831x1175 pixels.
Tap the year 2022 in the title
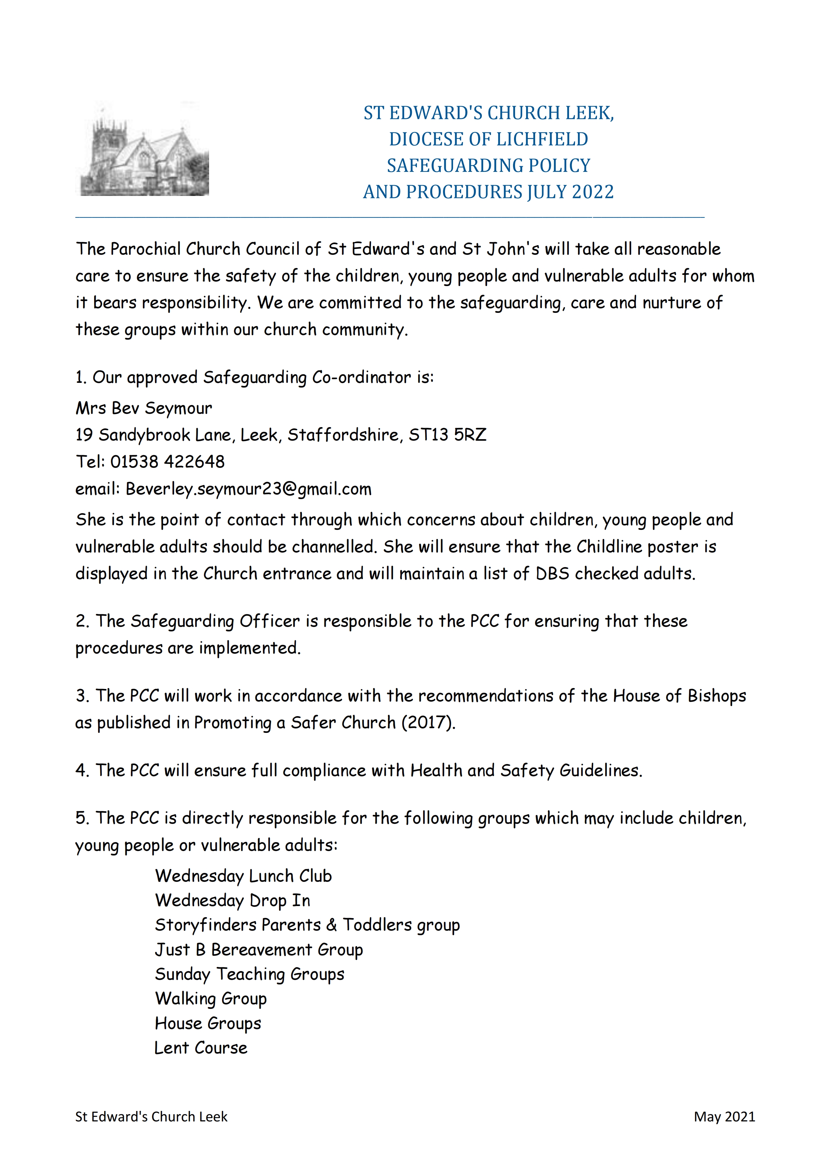[x=592, y=192]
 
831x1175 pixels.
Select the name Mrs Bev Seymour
[x=144, y=408]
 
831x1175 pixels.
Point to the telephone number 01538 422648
[x=168, y=462]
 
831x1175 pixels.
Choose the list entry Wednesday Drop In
[x=233, y=901]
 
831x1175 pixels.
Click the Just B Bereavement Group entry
[x=259, y=950]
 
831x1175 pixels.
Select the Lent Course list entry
[x=201, y=1048]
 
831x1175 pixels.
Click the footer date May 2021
[x=724, y=1117]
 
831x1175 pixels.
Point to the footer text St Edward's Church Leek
[x=151, y=1117]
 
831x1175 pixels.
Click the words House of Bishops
[x=680, y=696]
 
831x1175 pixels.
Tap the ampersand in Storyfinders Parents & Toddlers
[x=331, y=925]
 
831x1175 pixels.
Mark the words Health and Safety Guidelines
[x=526, y=771]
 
